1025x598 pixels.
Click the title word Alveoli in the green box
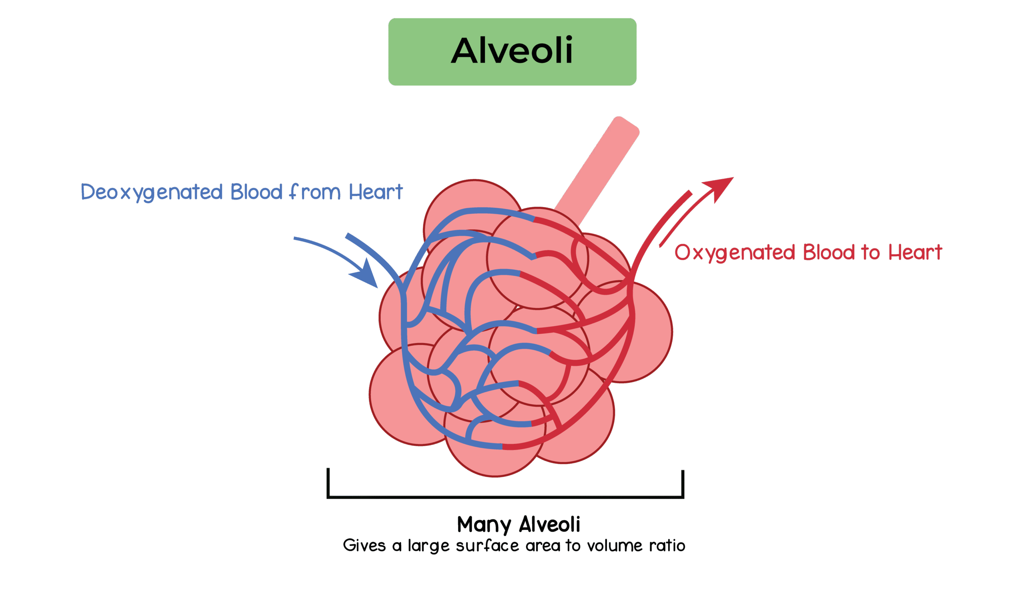pos(512,51)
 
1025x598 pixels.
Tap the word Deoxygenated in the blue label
pos(151,192)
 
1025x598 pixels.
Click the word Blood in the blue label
pos(256,192)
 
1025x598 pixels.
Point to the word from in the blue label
pos(315,192)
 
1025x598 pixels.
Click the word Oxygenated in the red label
pos(734,253)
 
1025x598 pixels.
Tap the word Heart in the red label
pos(915,253)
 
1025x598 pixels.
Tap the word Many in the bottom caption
pos(483,525)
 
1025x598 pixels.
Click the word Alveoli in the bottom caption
pos(550,525)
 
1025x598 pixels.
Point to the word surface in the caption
pos(487,546)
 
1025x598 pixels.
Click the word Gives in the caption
pos(364,546)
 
